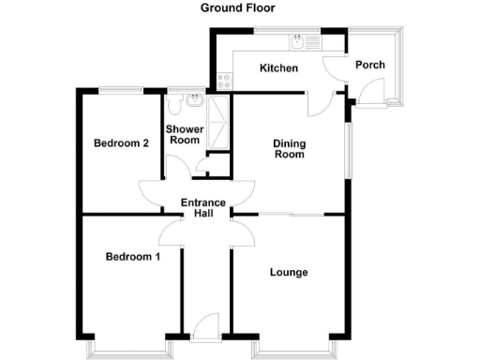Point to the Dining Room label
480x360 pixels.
[x=289, y=149]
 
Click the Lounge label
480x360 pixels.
[x=289, y=273]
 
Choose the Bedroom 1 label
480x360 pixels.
[x=132, y=257]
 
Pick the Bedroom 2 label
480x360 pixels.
[x=122, y=143]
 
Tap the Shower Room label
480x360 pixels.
[x=183, y=134]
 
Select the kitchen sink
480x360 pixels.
[x=298, y=42]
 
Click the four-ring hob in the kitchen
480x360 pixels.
[x=223, y=82]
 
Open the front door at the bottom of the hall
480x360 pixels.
[x=203, y=328]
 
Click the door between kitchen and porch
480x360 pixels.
[x=334, y=69]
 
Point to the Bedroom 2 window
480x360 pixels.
[x=121, y=89]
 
